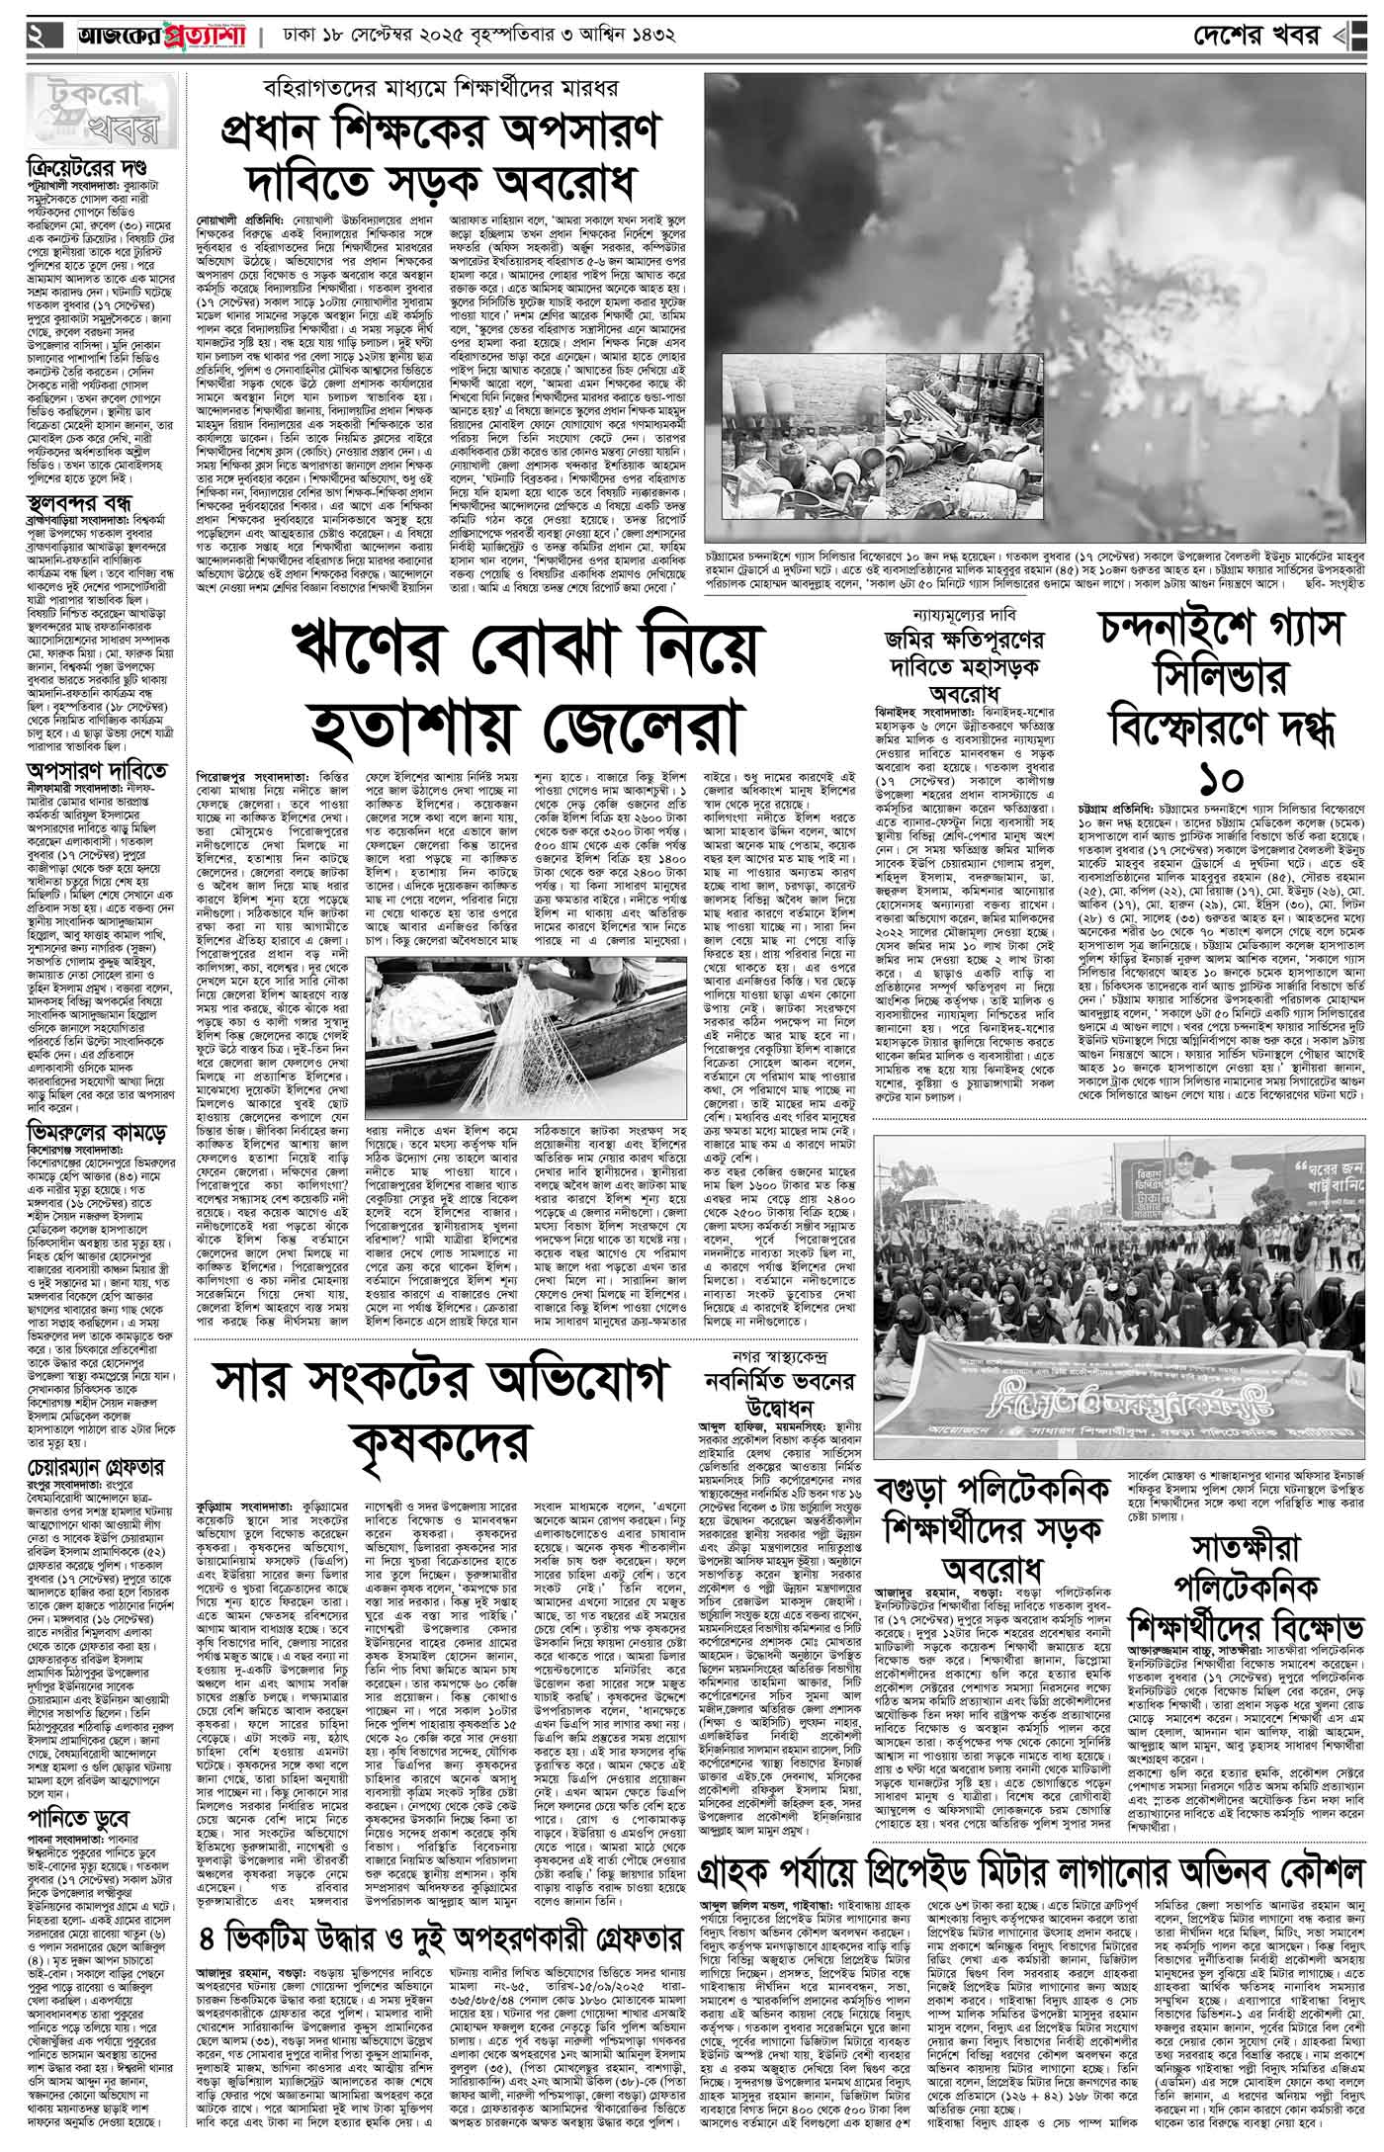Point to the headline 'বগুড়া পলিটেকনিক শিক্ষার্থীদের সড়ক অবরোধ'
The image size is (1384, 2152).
tap(998, 1534)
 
